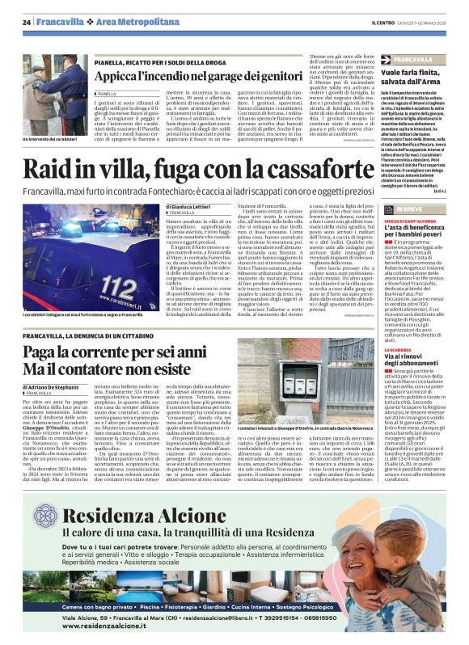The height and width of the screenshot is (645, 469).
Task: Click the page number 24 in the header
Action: (x=27, y=22)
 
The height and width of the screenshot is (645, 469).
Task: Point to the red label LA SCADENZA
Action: (x=400, y=349)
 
